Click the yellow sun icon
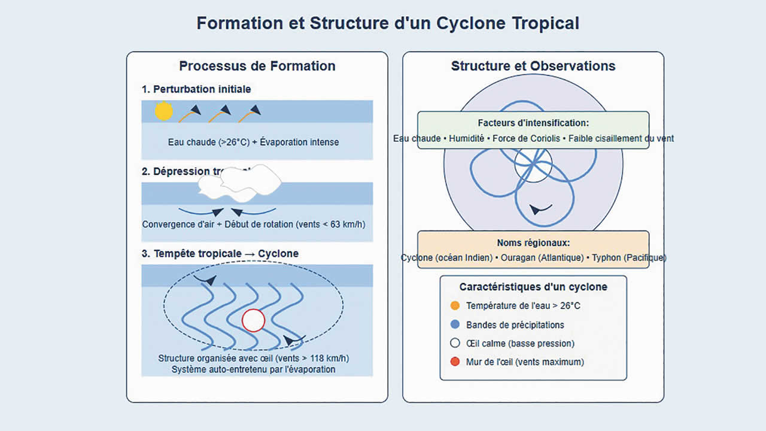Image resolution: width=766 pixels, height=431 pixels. tap(163, 111)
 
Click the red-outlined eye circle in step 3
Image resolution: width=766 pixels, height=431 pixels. tap(253, 321)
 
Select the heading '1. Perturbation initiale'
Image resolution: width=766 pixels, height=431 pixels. tap(196, 89)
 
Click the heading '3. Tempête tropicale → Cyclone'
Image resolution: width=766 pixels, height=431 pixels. tap(220, 253)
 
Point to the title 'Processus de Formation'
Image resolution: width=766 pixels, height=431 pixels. tap(257, 66)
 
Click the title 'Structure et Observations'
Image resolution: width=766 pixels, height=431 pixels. tap(533, 66)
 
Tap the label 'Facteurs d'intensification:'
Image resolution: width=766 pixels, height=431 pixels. tap(533, 123)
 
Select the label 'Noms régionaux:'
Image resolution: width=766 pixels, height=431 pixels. tap(533, 242)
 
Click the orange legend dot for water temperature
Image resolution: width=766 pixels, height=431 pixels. tap(455, 306)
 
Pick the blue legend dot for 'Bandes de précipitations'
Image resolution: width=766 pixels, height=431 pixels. tap(455, 324)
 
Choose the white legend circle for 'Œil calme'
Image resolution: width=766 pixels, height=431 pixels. tap(455, 343)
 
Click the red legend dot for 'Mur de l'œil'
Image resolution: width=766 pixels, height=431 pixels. tap(455, 362)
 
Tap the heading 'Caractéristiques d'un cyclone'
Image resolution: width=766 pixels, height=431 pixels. tap(533, 287)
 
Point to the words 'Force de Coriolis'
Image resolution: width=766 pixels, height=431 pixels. tap(527, 138)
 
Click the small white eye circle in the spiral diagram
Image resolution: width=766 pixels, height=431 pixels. tap(533, 165)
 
